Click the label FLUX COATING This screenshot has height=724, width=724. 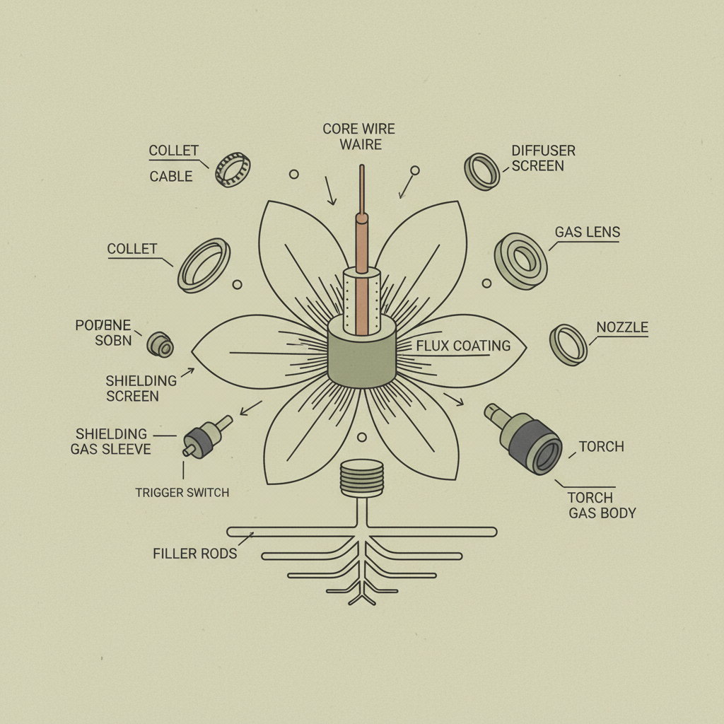(463, 346)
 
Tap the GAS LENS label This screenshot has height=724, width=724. (588, 232)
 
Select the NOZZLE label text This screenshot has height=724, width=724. (622, 327)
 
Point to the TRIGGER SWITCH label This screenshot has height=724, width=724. (182, 492)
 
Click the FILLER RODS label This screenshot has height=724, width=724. (195, 553)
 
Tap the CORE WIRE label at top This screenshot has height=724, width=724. (358, 129)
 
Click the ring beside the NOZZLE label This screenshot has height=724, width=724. (568, 344)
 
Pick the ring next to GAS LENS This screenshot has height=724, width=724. (520, 260)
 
